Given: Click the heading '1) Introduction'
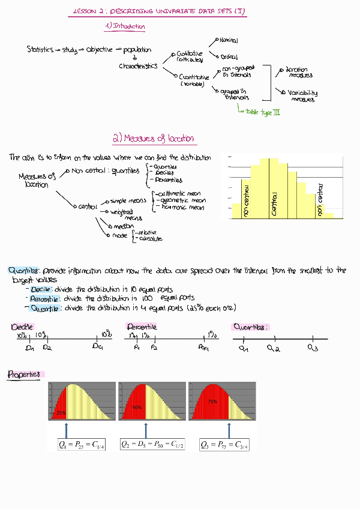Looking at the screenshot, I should point(125,26).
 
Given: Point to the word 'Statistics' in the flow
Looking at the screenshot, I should point(40,50).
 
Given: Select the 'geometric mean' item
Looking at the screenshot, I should point(182,201).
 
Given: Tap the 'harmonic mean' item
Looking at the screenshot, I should point(181,208).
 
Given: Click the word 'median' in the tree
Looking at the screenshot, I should point(123,226).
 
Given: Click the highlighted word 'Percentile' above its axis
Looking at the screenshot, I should point(142,327).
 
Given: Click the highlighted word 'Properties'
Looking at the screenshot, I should point(25,375).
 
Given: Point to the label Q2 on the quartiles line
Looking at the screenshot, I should point(274,348).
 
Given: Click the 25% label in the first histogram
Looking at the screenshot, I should point(61,414).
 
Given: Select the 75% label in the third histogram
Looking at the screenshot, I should point(212,401).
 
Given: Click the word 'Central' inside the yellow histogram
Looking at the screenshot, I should point(275,204).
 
